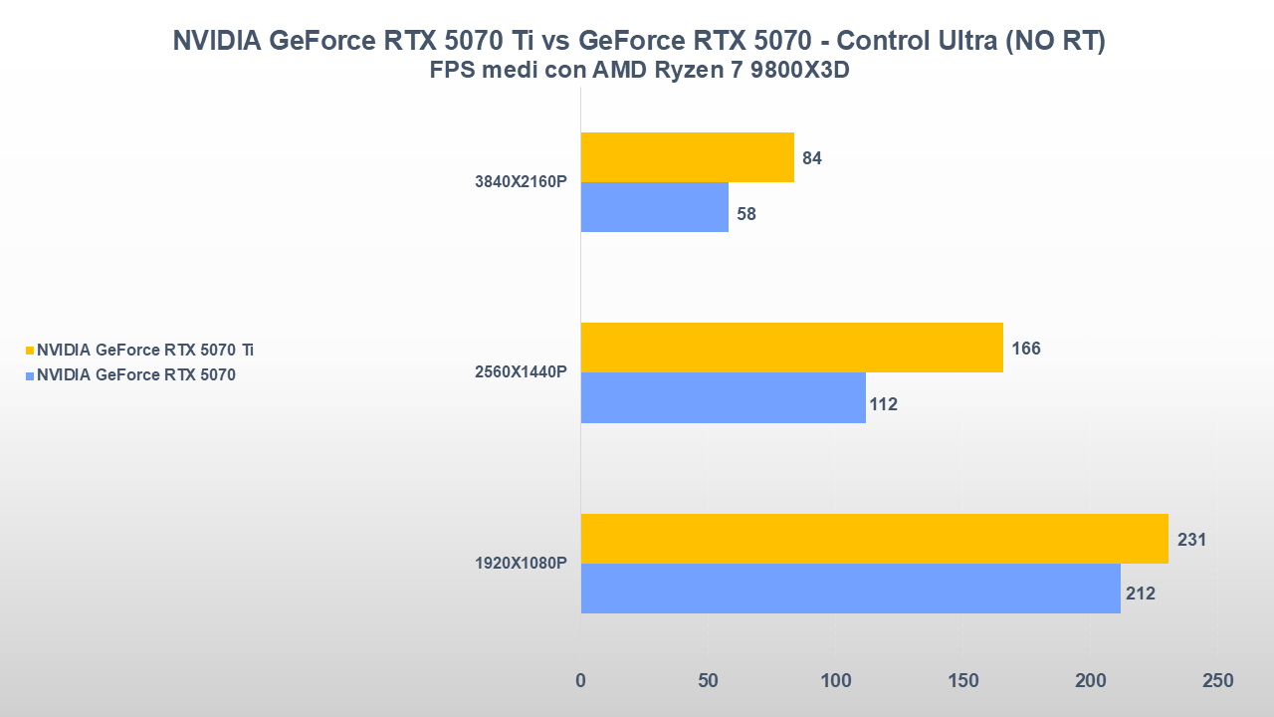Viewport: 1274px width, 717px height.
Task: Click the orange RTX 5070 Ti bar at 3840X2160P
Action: pos(687,157)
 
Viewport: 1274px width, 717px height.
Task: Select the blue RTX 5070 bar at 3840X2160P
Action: pos(654,207)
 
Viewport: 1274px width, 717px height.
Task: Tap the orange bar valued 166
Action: pos(791,348)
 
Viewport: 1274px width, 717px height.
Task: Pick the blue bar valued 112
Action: pos(723,398)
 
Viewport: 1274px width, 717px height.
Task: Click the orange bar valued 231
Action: pos(874,539)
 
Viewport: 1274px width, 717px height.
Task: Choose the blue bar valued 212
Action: pos(850,589)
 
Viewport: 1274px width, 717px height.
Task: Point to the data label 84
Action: pos(812,158)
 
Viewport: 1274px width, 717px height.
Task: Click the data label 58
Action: pos(746,214)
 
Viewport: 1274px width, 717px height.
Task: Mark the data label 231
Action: pos(1191,540)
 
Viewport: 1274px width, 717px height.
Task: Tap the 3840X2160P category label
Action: pos(521,182)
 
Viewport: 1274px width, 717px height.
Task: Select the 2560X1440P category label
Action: pos(521,372)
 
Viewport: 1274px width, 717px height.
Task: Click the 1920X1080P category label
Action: pos(521,564)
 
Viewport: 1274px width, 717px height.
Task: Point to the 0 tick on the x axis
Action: pos(581,681)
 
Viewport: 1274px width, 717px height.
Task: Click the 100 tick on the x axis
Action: pos(835,681)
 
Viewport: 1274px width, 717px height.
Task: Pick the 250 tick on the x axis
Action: pos(1217,681)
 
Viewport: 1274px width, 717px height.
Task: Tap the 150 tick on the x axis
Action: pos(962,681)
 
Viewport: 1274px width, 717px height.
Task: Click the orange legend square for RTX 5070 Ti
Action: pos(30,351)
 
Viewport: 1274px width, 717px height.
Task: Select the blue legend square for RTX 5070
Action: pos(30,375)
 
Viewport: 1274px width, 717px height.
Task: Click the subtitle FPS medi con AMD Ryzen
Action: pos(638,71)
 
